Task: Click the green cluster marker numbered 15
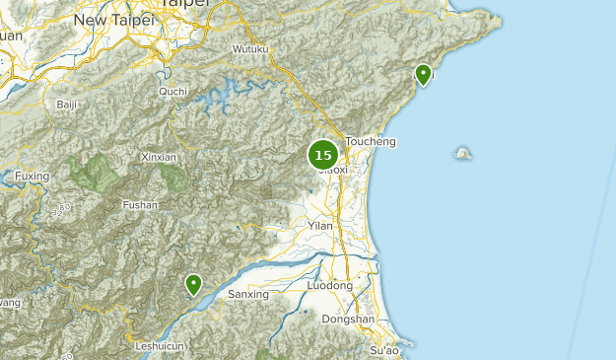click(x=323, y=155)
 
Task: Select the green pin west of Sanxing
click(x=194, y=285)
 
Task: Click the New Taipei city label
click(x=112, y=20)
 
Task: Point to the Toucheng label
click(x=371, y=141)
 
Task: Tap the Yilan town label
click(x=320, y=226)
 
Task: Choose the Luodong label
click(x=330, y=285)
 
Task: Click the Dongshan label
click(x=349, y=319)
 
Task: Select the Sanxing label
click(x=247, y=294)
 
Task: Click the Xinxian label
click(x=159, y=157)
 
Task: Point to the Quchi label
click(x=172, y=92)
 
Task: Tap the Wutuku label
click(x=250, y=48)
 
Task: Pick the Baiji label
click(x=67, y=104)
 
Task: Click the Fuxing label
click(x=32, y=177)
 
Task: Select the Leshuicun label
click(x=160, y=346)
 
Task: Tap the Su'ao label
click(x=384, y=350)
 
